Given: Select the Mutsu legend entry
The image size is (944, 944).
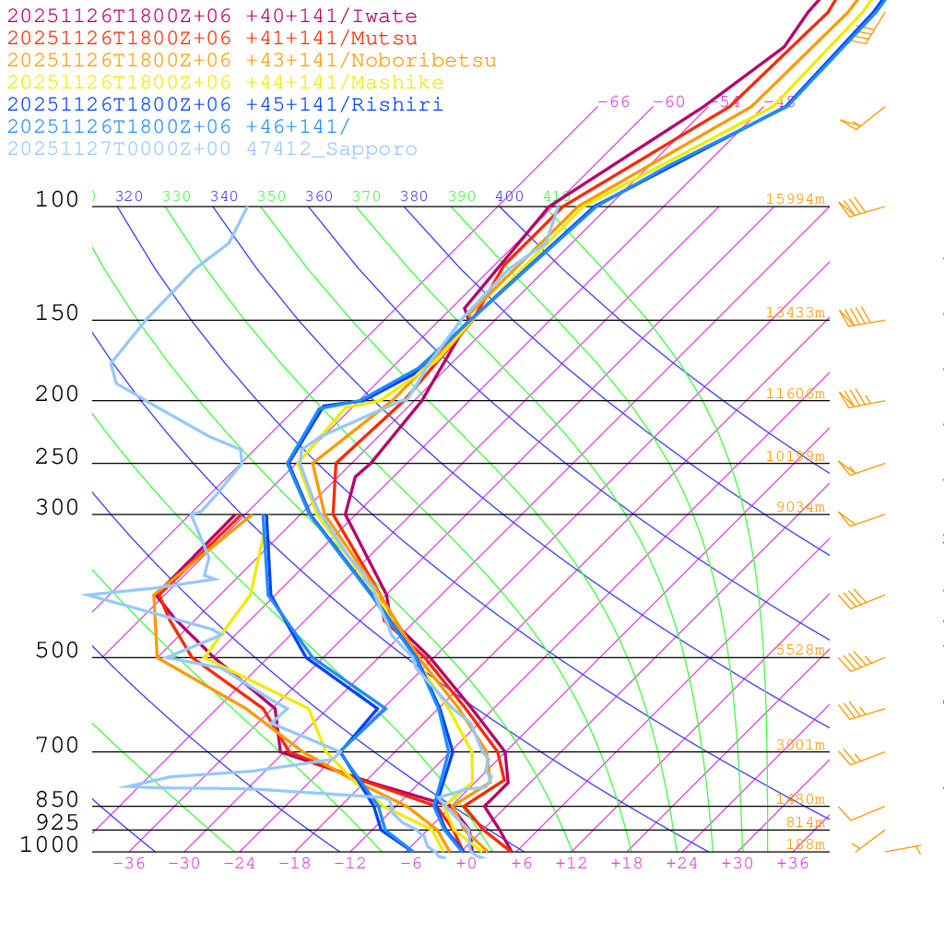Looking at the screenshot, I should click(383, 39).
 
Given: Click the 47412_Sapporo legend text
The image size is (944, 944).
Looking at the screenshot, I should click(332, 149).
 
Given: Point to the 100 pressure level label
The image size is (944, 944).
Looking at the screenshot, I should click(57, 199).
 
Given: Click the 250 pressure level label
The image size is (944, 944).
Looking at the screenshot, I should click(57, 457).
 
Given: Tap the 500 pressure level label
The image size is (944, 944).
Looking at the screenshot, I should click(57, 651).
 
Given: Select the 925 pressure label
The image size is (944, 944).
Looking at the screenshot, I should click(57, 822).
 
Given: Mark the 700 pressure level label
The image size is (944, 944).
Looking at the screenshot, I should click(57, 745).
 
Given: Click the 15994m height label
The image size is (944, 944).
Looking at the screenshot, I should click(795, 199).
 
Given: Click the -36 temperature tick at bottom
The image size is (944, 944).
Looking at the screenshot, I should click(128, 863).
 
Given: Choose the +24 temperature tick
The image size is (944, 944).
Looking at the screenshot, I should click(682, 863).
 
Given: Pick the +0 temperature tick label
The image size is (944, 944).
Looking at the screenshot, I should click(466, 863).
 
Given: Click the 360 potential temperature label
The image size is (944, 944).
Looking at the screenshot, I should click(319, 196).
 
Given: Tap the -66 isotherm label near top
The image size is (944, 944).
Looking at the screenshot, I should click(614, 102).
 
